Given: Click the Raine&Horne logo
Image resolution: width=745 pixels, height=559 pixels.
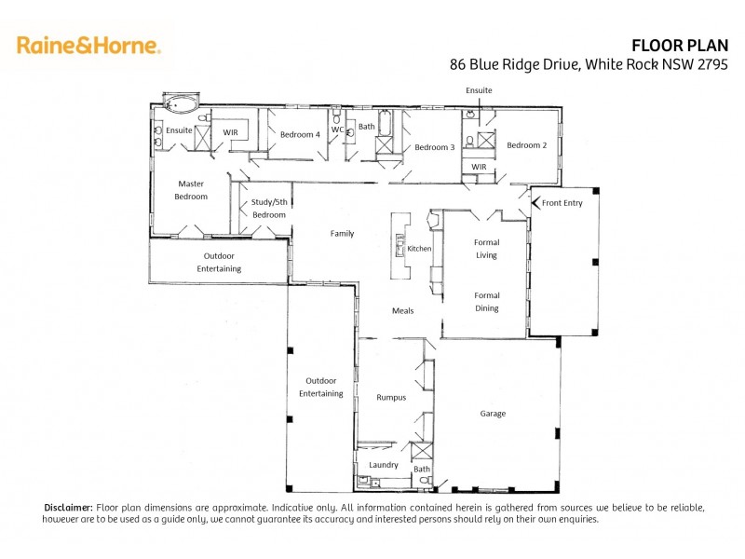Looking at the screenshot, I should [88, 45].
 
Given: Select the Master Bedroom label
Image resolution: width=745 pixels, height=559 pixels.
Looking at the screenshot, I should [191, 190].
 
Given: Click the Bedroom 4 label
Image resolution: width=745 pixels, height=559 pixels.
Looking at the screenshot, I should [300, 134].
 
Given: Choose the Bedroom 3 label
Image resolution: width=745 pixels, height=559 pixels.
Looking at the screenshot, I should [434, 147].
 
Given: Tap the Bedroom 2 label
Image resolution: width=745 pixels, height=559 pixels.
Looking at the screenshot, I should [526, 145].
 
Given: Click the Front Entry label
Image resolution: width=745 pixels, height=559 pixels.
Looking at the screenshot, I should [562, 202].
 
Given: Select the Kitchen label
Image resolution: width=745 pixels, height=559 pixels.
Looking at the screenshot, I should [419, 249].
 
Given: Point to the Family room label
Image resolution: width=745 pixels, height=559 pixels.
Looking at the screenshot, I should [342, 233].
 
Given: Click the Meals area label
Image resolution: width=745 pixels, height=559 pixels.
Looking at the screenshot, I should [402, 310].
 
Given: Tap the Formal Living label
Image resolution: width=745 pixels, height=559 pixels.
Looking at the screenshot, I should [486, 249].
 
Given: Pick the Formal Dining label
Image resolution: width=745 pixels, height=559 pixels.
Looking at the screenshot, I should [486, 302].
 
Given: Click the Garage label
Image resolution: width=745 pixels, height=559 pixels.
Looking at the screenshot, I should [493, 413].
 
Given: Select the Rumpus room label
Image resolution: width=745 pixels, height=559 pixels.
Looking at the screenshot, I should [391, 397].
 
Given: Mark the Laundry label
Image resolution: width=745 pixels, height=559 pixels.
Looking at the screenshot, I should [384, 465].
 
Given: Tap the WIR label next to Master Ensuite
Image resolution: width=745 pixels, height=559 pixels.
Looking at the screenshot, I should [230, 133].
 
